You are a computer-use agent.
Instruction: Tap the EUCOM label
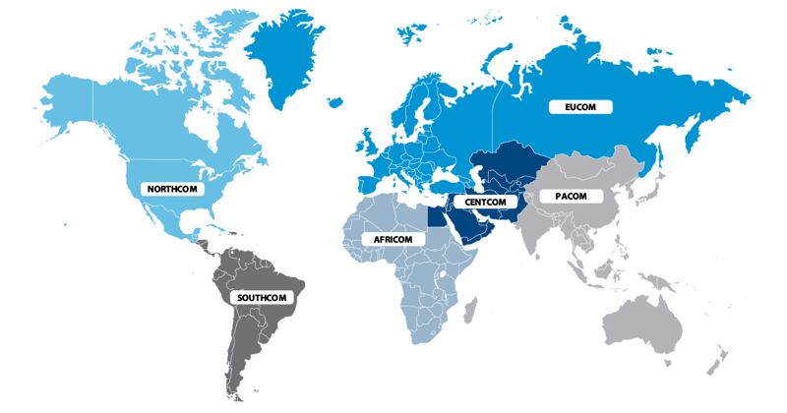[x=580, y=106]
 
